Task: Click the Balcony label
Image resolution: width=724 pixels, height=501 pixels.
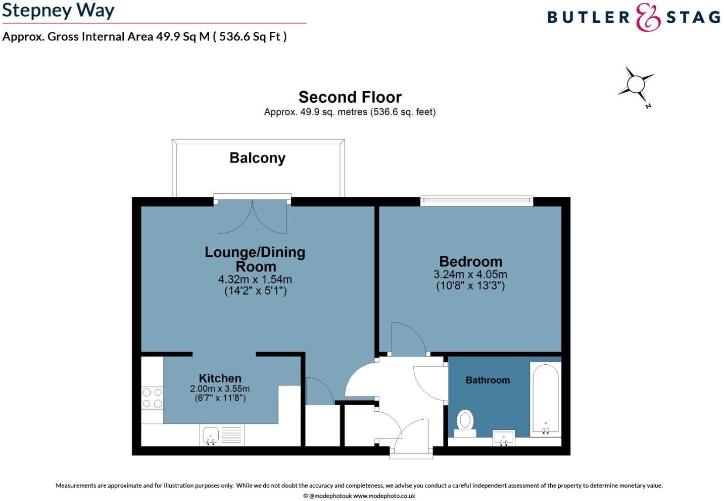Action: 257,158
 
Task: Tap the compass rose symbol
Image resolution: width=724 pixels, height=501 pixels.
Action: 636,84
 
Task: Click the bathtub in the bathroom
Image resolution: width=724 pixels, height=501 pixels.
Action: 545,399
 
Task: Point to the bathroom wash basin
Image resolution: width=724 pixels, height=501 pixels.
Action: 504,438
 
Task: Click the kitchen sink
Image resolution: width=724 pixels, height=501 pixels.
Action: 211,435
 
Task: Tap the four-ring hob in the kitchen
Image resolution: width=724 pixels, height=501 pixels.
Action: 152,398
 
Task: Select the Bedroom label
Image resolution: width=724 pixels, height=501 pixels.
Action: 470,261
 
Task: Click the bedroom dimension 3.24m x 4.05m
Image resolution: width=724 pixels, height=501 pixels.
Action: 470,274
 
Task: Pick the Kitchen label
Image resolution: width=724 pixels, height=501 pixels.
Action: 220,378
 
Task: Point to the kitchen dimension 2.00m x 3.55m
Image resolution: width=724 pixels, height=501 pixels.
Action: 220,389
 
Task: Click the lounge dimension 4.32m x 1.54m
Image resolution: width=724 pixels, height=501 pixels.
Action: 255,279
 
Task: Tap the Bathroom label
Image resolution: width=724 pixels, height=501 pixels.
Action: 488,380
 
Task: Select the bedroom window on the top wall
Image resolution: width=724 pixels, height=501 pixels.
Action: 476,201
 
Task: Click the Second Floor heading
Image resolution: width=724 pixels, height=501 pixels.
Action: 350,97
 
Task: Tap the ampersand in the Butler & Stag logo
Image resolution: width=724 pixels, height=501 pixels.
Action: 648,17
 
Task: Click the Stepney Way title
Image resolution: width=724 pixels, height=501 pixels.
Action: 58,10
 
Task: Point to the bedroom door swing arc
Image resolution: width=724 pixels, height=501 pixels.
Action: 409,337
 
